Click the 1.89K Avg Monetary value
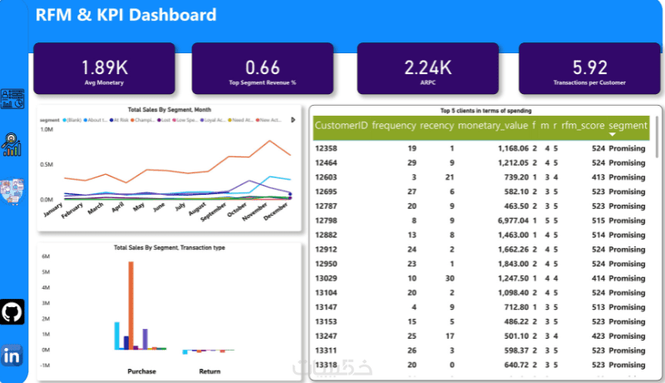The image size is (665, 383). tap(104, 67)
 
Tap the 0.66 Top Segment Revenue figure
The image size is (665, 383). tap(263, 67)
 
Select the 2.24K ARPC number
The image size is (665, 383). tap(427, 67)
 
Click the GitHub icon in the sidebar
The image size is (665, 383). tap(12, 312)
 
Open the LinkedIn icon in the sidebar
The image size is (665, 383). tap(12, 355)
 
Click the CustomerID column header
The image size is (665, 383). tap(341, 126)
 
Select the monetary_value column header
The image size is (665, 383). tap(493, 126)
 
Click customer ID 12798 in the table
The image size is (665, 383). tap(326, 220)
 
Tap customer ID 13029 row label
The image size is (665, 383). tap(326, 278)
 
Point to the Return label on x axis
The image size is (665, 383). tap(209, 371)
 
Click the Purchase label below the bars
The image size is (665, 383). tap(141, 371)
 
